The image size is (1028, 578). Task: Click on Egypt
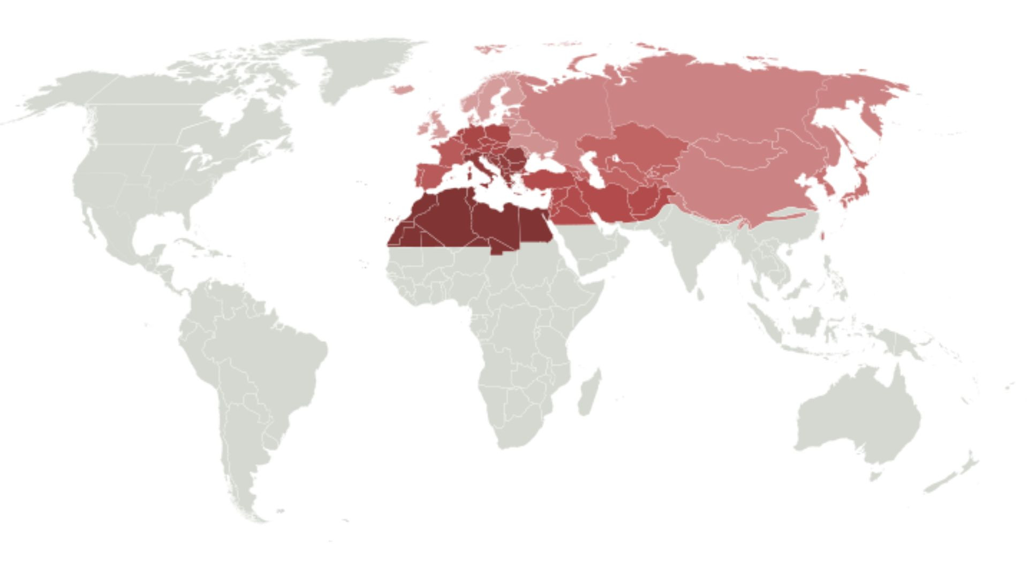tap(533, 225)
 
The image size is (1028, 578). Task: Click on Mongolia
tap(739, 150)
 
